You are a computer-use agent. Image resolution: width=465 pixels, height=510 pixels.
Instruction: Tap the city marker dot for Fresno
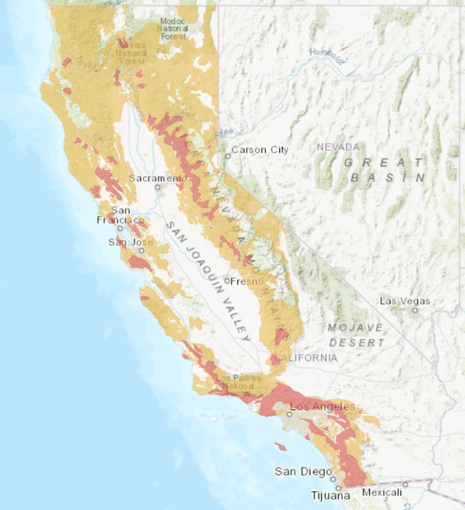[x=227, y=281]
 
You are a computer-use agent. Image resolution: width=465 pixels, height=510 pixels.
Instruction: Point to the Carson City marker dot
[x=228, y=156]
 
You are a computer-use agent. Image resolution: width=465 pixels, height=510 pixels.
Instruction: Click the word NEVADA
[x=338, y=147]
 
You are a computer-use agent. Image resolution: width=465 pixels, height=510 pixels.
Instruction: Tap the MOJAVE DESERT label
[x=355, y=334]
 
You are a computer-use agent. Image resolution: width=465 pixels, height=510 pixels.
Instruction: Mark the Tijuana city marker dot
[x=339, y=488]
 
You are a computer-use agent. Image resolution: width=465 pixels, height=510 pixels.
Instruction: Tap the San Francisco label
[x=121, y=215]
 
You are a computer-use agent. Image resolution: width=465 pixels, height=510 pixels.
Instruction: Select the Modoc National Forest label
[x=174, y=28]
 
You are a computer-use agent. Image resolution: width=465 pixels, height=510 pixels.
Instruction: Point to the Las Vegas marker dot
[x=416, y=310]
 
